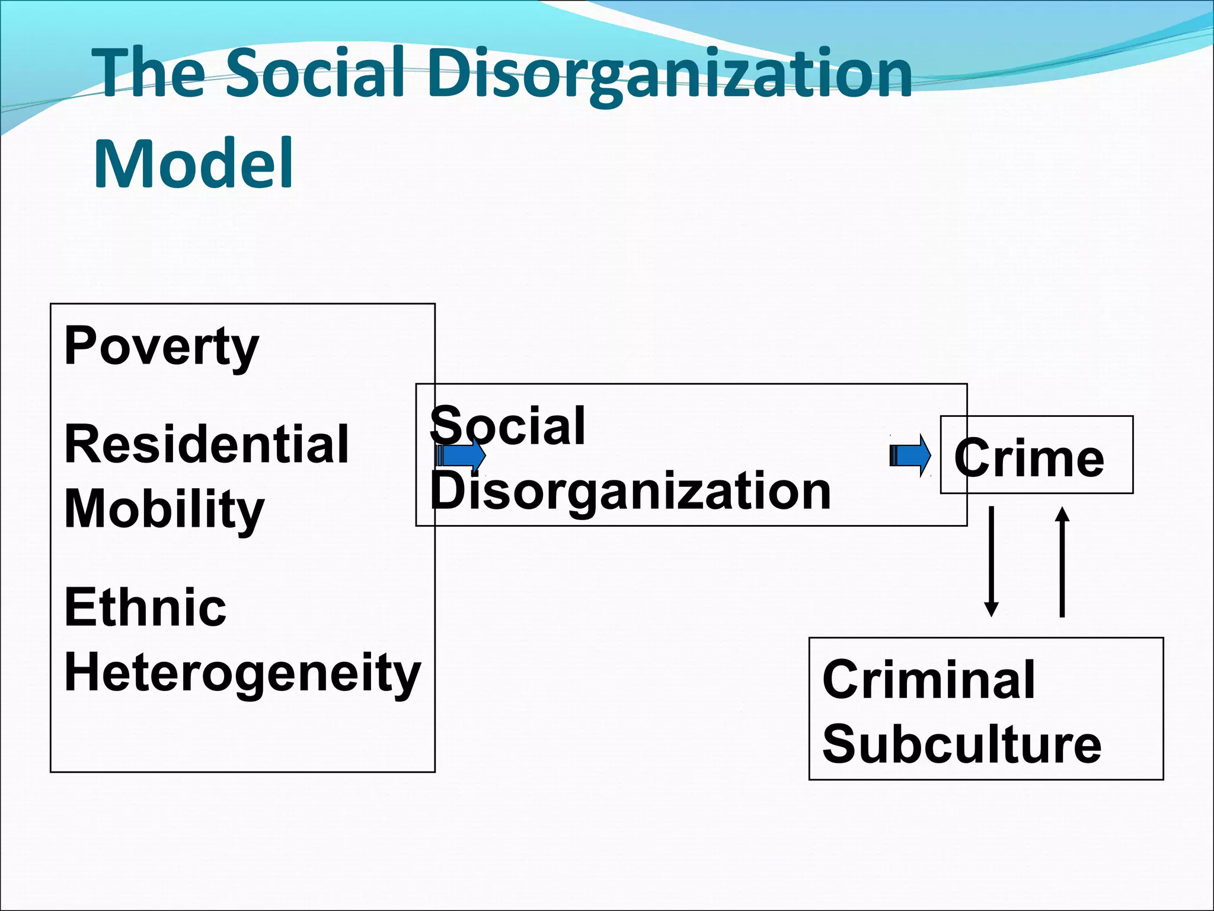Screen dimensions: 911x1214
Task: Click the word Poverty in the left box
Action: [161, 347]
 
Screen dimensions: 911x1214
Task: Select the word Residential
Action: [206, 444]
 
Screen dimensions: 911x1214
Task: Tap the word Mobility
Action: [164, 510]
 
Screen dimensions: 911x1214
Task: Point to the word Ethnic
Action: [145, 607]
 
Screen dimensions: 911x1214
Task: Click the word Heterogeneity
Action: [242, 673]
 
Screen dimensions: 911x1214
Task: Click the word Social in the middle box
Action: [508, 425]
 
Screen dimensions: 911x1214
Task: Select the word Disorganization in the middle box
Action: [630, 491]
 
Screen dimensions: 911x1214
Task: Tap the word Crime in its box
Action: [1029, 458]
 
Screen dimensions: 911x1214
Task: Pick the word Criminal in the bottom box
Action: [929, 680]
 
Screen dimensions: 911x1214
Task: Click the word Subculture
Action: [961, 745]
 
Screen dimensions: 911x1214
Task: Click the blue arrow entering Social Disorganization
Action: [461, 456]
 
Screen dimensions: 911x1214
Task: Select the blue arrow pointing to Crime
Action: [910, 455]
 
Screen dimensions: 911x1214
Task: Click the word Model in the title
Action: [194, 163]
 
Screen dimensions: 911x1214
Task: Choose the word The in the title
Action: [151, 73]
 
